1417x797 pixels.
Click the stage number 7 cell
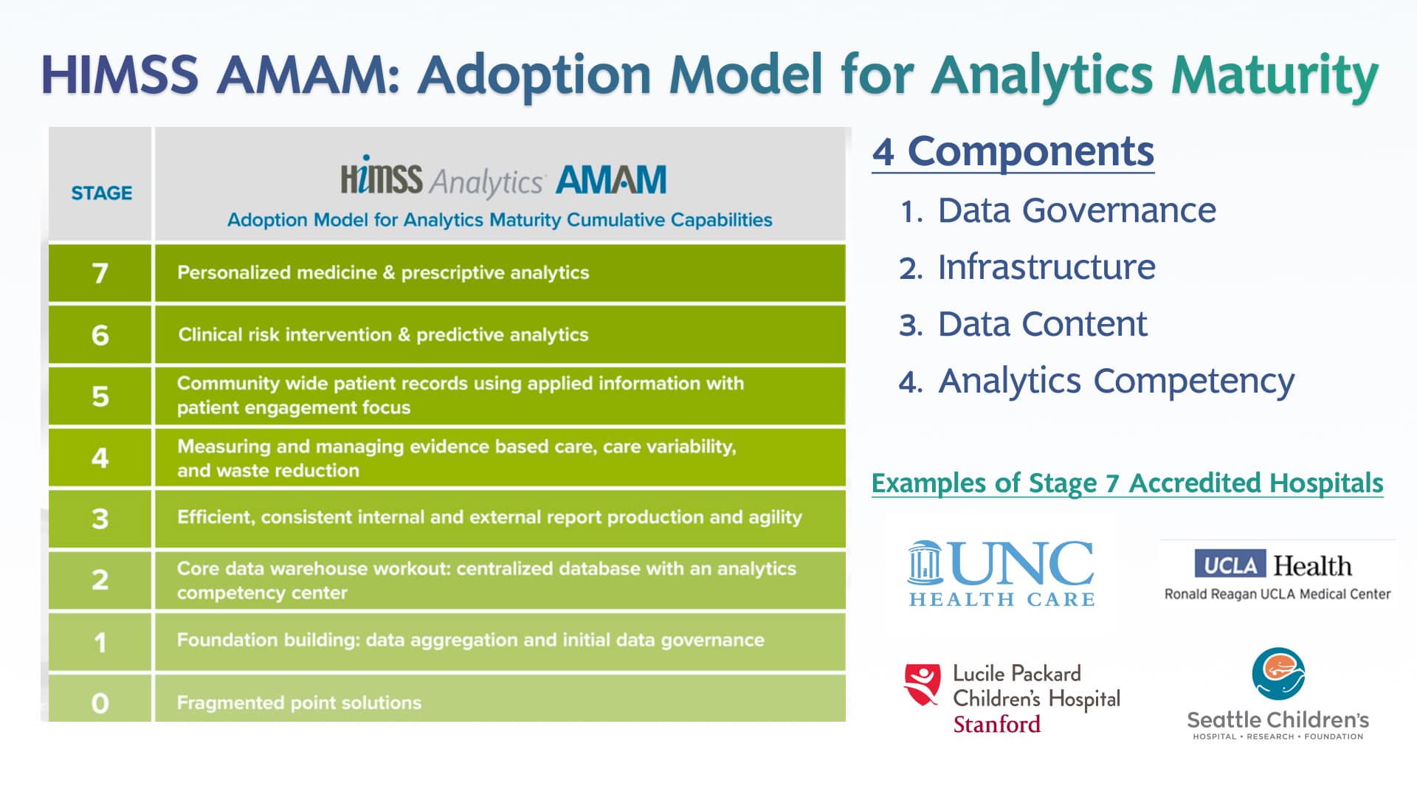(100, 273)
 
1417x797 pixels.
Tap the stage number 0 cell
(100, 702)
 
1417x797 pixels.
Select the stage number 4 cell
(100, 458)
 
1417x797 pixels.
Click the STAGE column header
(101, 193)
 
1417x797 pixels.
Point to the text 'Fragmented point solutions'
(299, 703)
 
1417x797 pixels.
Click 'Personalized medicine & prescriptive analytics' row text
(383, 272)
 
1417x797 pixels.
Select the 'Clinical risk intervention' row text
(383, 334)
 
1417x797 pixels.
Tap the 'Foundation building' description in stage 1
(470, 640)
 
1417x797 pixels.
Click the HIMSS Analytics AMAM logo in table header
(503, 179)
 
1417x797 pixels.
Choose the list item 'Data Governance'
(1076, 210)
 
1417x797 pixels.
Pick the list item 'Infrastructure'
(1046, 267)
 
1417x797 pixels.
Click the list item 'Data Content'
(1042, 324)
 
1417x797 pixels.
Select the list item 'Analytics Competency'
(1115, 381)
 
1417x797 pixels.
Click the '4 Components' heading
(1013, 151)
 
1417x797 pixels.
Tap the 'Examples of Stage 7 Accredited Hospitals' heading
(1127, 483)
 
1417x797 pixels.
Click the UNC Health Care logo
(1001, 573)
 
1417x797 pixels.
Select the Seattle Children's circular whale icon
(1278, 674)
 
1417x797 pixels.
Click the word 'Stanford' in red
(996, 725)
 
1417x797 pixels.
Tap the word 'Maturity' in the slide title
(1275, 75)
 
